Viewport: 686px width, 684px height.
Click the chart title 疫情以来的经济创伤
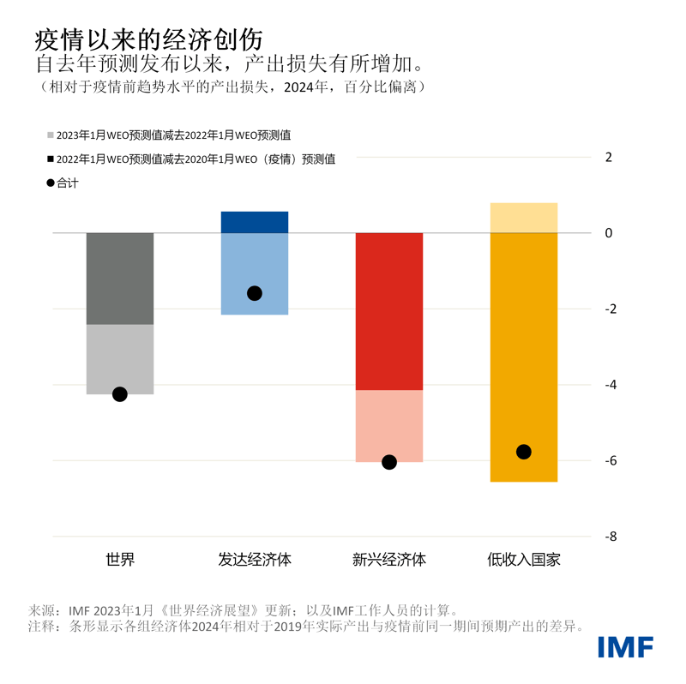(x=148, y=39)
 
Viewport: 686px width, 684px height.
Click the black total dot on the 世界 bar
(x=120, y=394)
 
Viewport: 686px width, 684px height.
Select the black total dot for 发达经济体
(x=255, y=293)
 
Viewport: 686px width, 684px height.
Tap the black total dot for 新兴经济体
(x=389, y=462)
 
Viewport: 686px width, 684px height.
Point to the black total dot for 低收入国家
(x=524, y=452)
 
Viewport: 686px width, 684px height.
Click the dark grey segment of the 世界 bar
(x=120, y=279)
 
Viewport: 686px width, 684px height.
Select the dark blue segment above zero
(x=255, y=222)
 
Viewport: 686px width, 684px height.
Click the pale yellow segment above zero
(x=524, y=218)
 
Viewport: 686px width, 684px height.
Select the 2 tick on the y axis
(x=609, y=157)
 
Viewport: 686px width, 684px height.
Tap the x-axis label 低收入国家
(x=524, y=561)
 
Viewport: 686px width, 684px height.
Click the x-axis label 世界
(x=120, y=561)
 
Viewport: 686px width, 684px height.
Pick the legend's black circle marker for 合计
(x=51, y=183)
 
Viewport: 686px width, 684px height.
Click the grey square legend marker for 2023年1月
(x=51, y=135)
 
